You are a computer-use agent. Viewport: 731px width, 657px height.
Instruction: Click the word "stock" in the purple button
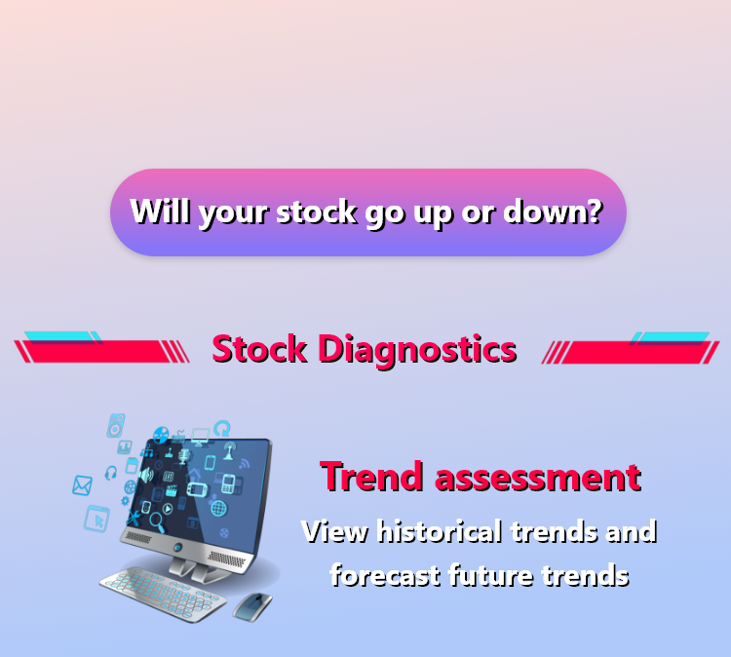pyautogui.click(x=317, y=213)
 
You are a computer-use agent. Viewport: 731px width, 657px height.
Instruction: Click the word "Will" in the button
pyautogui.click(x=161, y=212)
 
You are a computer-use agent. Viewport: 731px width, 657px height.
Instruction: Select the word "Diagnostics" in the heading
pyautogui.click(x=417, y=350)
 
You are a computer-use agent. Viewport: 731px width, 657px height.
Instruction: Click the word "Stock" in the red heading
pyautogui.click(x=259, y=349)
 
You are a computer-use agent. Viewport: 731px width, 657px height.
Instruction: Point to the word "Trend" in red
pyautogui.click(x=371, y=477)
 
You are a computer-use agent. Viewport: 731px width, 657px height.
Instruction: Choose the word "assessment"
pyautogui.click(x=538, y=479)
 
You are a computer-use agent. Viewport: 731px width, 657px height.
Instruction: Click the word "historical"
pyautogui.click(x=440, y=531)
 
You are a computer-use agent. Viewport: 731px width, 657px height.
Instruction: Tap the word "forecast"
pyautogui.click(x=386, y=575)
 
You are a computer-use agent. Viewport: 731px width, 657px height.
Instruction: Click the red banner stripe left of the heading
pyautogui.click(x=101, y=351)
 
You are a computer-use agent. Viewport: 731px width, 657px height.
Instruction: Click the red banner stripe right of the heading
pyautogui.click(x=631, y=352)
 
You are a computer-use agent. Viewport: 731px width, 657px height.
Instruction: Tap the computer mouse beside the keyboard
pyautogui.click(x=252, y=606)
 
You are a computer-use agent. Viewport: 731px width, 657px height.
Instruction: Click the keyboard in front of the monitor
pyautogui.click(x=163, y=593)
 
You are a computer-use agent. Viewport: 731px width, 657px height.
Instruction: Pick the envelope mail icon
pyautogui.click(x=83, y=485)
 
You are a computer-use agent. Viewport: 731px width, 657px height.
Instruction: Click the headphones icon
pyautogui.click(x=111, y=473)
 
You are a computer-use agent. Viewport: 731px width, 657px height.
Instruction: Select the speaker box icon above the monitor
pyautogui.click(x=116, y=425)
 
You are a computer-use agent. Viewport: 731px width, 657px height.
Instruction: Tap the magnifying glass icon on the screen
pyautogui.click(x=157, y=522)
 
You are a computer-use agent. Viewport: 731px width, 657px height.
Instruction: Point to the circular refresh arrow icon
pyautogui.click(x=222, y=428)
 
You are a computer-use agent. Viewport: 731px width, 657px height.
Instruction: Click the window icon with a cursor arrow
pyautogui.click(x=96, y=519)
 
